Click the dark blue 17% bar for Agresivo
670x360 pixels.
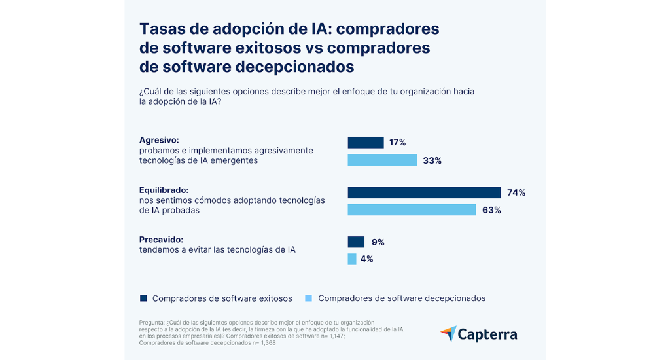(x=365, y=143)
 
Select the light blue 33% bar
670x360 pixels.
(x=382, y=160)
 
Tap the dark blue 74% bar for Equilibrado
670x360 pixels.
(x=424, y=192)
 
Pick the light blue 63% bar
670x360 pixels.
(x=412, y=209)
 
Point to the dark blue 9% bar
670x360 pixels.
(x=356, y=242)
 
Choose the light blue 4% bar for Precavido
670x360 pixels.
(x=352, y=259)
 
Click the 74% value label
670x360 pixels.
(x=516, y=192)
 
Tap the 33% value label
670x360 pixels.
(x=432, y=160)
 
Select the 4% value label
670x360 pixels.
(x=366, y=259)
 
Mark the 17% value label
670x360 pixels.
(x=398, y=143)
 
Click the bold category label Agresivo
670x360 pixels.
(x=159, y=139)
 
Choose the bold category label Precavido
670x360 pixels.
(x=161, y=240)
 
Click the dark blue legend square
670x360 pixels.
(x=143, y=298)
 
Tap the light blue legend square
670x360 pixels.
(x=309, y=298)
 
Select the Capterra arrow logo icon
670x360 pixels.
(x=448, y=334)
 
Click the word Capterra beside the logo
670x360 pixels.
(x=488, y=334)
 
